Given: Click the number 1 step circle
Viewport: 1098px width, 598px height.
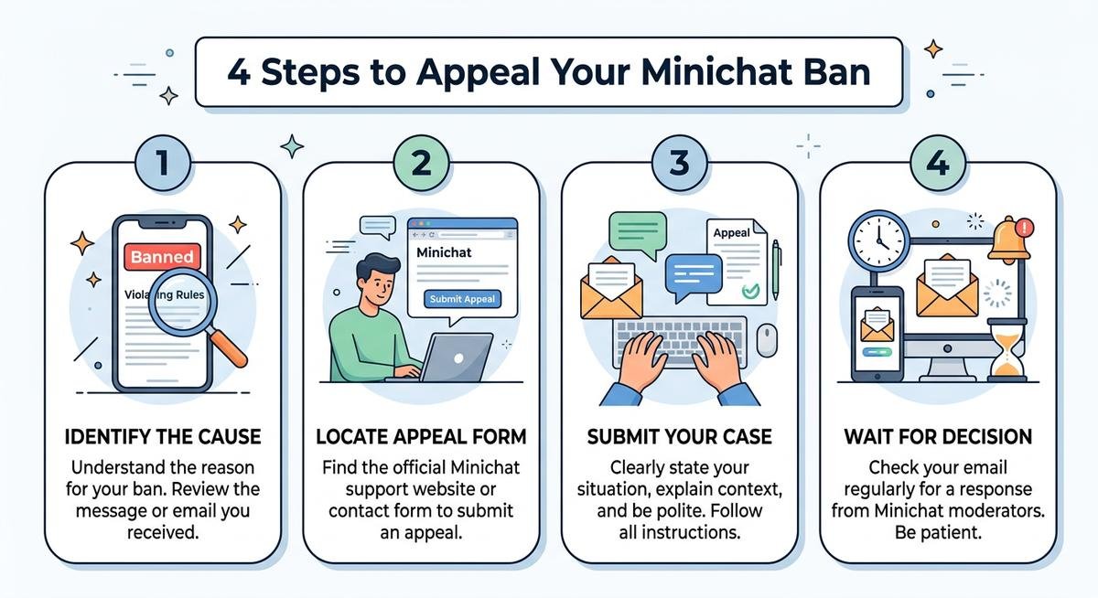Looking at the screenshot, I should tap(162, 166).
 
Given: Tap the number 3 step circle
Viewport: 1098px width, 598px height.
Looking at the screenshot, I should tap(679, 166).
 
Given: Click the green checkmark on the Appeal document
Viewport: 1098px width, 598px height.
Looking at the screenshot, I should tap(750, 292).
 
